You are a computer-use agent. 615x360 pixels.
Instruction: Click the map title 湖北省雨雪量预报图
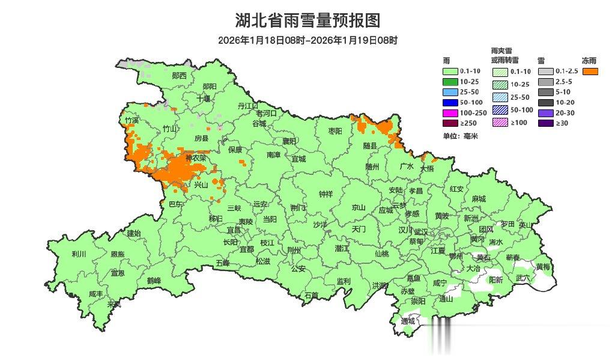(307, 21)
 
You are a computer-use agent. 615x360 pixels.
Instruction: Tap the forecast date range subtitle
(307, 41)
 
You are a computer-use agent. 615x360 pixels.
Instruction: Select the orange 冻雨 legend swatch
(590, 72)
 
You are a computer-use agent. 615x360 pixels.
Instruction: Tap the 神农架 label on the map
(195, 158)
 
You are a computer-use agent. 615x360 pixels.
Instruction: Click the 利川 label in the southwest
(79, 254)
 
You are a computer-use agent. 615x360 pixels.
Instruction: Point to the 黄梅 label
(543, 266)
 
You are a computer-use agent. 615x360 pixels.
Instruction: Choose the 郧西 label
(179, 76)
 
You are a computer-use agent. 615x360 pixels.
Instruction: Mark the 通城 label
(408, 321)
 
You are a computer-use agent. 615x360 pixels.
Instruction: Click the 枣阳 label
(335, 130)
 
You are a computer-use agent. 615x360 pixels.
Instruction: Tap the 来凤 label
(114, 304)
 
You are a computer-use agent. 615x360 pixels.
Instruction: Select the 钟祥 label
(325, 194)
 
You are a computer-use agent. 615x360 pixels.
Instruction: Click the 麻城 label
(479, 198)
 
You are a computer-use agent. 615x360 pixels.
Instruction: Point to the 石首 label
(311, 295)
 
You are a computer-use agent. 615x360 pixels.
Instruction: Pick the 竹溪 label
(132, 120)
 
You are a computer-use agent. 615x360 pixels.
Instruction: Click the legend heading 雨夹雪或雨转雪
(504, 56)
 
